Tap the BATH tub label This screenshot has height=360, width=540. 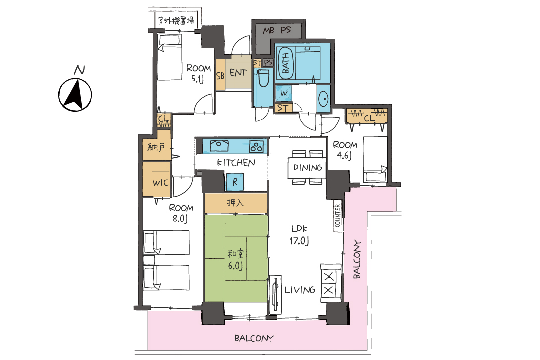[x=286, y=63]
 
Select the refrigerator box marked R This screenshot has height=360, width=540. [x=235, y=181]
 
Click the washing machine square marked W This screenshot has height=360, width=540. [x=284, y=93]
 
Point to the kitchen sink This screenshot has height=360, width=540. [x=219, y=145]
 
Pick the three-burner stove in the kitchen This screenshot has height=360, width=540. [x=256, y=147]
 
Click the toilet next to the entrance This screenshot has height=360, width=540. [x=264, y=78]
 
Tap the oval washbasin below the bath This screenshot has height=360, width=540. [x=324, y=99]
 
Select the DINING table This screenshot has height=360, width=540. [x=307, y=168]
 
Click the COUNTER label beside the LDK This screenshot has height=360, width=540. [x=337, y=216]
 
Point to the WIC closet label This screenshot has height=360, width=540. [x=161, y=182]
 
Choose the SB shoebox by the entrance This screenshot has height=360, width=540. [x=220, y=75]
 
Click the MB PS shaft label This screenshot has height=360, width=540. [x=277, y=31]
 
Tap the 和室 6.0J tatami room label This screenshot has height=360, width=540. [x=235, y=260]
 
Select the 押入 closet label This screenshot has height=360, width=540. [x=235, y=202]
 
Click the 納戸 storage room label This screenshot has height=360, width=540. [x=156, y=148]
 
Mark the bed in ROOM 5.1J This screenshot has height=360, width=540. [x=170, y=57]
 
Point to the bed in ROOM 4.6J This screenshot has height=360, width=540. [x=375, y=160]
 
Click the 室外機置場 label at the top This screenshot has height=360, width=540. [x=176, y=21]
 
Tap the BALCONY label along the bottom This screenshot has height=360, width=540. [x=254, y=338]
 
